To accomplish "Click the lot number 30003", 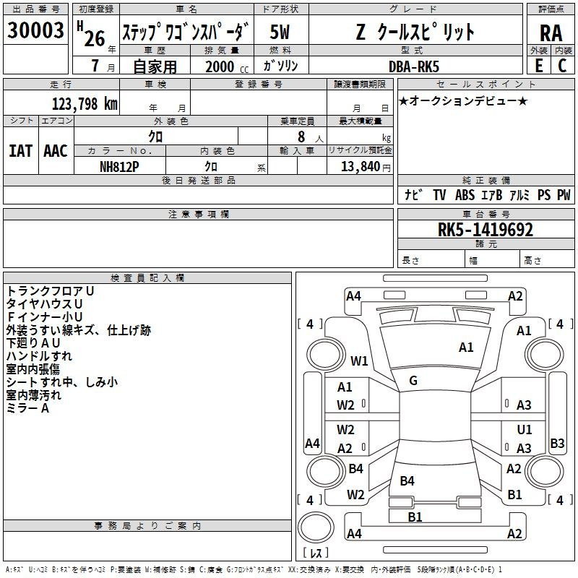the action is [35, 30].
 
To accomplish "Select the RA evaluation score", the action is [551, 33].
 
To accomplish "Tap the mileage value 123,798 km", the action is [85, 104].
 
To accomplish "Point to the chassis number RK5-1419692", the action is [485, 230].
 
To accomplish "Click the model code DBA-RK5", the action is [414, 66].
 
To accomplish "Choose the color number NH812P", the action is [119, 167].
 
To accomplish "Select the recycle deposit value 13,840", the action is [360, 167].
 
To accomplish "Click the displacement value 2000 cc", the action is [227, 66].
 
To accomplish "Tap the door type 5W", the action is [280, 32].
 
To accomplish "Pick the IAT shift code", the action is [21, 151].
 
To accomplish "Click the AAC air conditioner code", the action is [56, 151].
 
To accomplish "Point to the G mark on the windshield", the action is [413, 381].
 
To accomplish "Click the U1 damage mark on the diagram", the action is [525, 429].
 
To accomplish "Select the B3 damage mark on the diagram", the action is [557, 443].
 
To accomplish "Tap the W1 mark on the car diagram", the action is [359, 361].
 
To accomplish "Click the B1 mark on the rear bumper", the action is [415, 517].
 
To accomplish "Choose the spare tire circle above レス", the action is [316, 527].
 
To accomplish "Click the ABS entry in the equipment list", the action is [465, 195].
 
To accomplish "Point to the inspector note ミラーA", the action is [27, 408].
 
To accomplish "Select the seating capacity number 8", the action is [301, 137].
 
